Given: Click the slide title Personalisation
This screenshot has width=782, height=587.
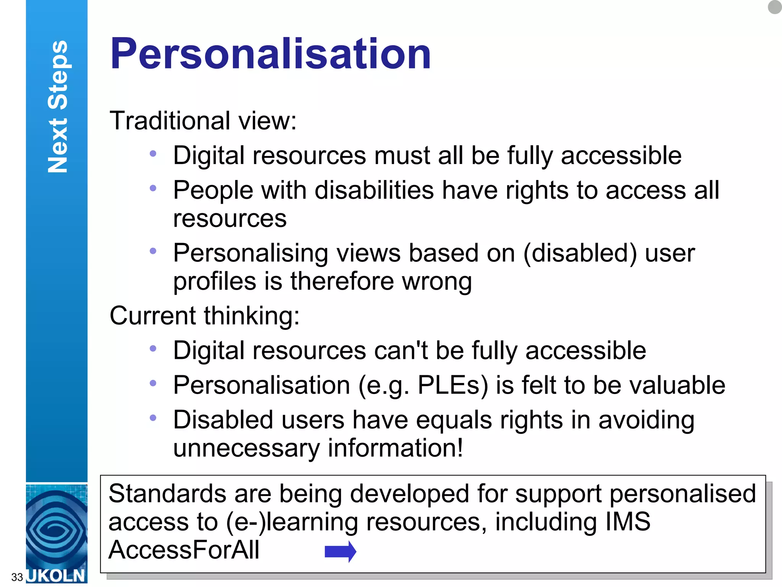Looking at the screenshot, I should click(x=270, y=54).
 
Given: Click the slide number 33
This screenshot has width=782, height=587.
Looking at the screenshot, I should click(x=17, y=577).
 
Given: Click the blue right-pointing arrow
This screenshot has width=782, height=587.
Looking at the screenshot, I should click(x=340, y=551).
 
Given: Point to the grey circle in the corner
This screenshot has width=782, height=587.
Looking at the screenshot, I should click(x=775, y=7).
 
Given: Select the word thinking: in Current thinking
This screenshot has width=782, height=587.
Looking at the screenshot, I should click(x=252, y=316).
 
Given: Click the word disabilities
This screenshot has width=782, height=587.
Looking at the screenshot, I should click(x=374, y=190).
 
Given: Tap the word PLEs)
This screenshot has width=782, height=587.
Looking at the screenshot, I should click(x=453, y=385).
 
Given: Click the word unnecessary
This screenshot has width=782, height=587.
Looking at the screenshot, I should click(x=246, y=448).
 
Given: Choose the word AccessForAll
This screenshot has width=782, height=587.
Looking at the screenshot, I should click(x=184, y=550).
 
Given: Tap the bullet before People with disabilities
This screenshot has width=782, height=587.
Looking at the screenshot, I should click(x=153, y=188).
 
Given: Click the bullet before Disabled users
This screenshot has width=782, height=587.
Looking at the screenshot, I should click(x=153, y=418).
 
